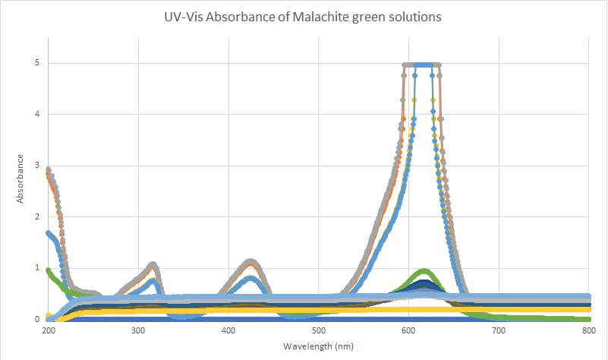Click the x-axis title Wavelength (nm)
pyautogui.click(x=317, y=346)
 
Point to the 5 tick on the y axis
pyautogui.click(x=37, y=63)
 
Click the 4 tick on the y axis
pyautogui.click(x=37, y=115)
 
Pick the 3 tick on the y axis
pyautogui.click(x=37, y=166)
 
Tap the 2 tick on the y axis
pyautogui.click(x=37, y=217)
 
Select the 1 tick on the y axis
pyautogui.click(x=37, y=268)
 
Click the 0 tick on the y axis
pyautogui.click(x=37, y=320)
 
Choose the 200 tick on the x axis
pyautogui.click(x=49, y=331)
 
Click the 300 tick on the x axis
pyautogui.click(x=138, y=331)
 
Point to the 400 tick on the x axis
pyautogui.click(x=228, y=331)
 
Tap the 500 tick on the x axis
pyautogui.click(x=318, y=331)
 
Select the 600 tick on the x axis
pyautogui.click(x=408, y=331)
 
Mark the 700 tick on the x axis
pyautogui.click(x=498, y=331)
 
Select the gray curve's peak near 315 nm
pyautogui.click(x=153, y=264)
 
